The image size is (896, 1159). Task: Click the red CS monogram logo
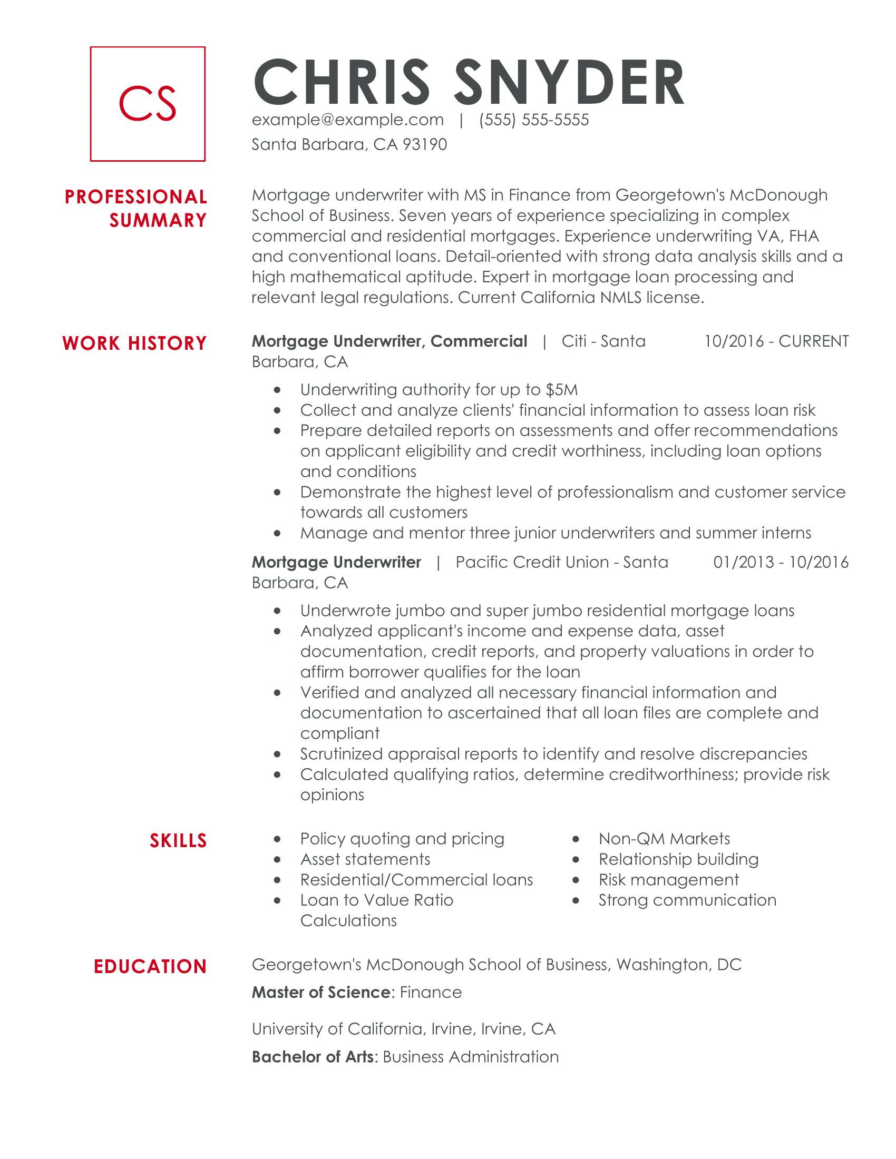point(148,103)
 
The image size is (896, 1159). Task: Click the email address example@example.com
point(348,120)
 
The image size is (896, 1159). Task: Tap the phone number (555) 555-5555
point(533,120)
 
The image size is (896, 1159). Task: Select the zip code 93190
point(425,144)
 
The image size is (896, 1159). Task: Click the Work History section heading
point(134,343)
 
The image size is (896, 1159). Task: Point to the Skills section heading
point(178,841)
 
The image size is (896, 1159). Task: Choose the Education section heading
point(150,966)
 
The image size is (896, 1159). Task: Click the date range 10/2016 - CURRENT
point(776,341)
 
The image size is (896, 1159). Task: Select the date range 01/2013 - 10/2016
point(780,562)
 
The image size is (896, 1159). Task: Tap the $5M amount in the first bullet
point(562,390)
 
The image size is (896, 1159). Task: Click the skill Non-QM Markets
point(664,839)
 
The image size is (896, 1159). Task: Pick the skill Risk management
point(668,880)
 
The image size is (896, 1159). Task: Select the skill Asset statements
point(365,859)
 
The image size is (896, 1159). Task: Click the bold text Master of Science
point(321,993)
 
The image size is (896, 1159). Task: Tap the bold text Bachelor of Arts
point(313,1057)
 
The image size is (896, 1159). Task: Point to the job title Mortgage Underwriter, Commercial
point(389,341)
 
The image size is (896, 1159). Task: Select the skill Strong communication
point(687,900)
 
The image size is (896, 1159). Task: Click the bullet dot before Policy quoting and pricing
point(277,839)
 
